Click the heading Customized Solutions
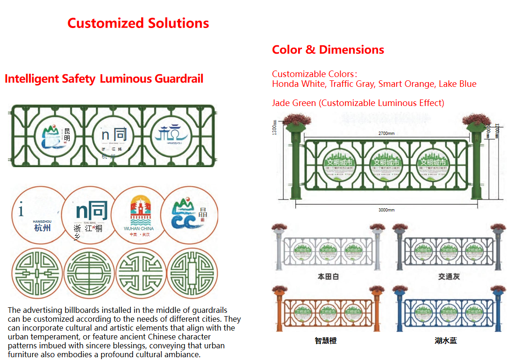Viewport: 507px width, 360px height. (138, 23)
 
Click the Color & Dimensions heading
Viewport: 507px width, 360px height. (328, 50)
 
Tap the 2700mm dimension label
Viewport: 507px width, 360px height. (386, 134)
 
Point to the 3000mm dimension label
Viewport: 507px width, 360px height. (386, 210)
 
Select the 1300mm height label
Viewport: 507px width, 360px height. (275, 127)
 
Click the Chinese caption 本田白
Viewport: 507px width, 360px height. (328, 276)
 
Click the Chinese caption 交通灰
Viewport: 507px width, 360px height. (449, 276)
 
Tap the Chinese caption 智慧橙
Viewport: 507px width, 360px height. (326, 340)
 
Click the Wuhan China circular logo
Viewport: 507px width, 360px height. (139, 215)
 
